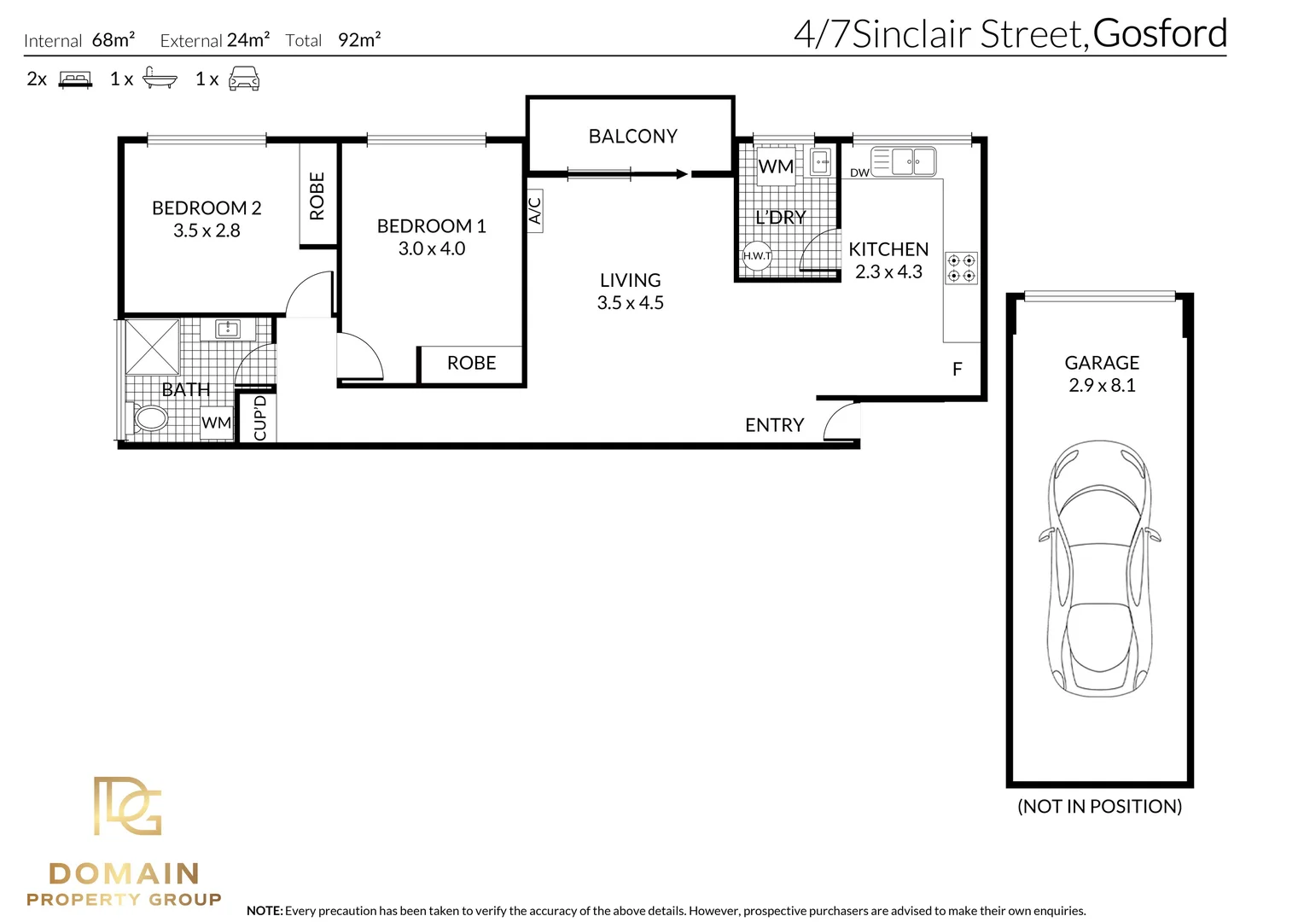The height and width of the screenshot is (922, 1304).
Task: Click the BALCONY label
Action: coord(632,137)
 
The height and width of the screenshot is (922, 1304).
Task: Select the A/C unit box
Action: coord(535,210)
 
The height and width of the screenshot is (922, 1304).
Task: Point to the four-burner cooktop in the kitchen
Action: coord(962,268)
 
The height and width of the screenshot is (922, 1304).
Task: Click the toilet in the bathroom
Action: coord(150,418)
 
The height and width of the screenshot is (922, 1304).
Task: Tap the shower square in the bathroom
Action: coord(153,347)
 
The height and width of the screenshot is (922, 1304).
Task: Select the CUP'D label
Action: coord(260,417)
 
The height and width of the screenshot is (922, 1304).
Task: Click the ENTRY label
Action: coord(774,425)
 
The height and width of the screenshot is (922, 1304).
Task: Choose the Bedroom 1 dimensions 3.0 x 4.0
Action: coord(432,249)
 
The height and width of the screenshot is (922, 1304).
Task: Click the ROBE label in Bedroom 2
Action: coord(317,195)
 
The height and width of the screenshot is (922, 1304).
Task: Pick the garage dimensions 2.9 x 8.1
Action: coord(1102,386)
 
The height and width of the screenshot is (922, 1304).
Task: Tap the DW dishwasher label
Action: coord(859,173)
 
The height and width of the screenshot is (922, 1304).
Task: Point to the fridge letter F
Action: coord(957,369)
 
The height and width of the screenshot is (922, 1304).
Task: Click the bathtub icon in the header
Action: coord(159,79)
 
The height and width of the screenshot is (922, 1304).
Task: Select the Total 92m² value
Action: coord(359,40)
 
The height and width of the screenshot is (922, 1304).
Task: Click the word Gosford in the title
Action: coord(1160,34)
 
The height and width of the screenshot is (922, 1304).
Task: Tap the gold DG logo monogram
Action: coord(127,806)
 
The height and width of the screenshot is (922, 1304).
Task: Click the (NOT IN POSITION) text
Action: coord(1099,807)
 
